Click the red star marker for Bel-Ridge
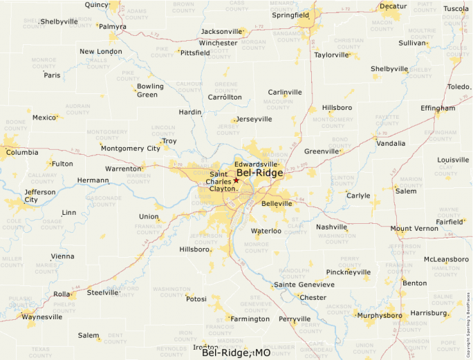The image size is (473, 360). click(236, 180)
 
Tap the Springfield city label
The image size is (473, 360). click(290, 15)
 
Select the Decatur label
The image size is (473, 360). click(393, 6)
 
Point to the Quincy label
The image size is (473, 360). click(97, 4)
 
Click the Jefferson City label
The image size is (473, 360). click(40, 196)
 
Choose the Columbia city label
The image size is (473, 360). click(23, 152)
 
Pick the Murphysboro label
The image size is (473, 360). click(379, 315)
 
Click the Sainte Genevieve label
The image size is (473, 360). click(304, 285)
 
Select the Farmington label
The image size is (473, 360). click(250, 319)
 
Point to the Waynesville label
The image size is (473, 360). click(38, 317)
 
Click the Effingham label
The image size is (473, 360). click(438, 108)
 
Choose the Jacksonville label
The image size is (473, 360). click(221, 32)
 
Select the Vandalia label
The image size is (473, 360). click(391, 144)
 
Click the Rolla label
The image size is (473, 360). click(62, 294)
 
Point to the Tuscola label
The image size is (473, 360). click(456, 9)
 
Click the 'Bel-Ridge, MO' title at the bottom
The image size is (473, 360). click(236, 352)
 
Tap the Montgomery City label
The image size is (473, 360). click(130, 148)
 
